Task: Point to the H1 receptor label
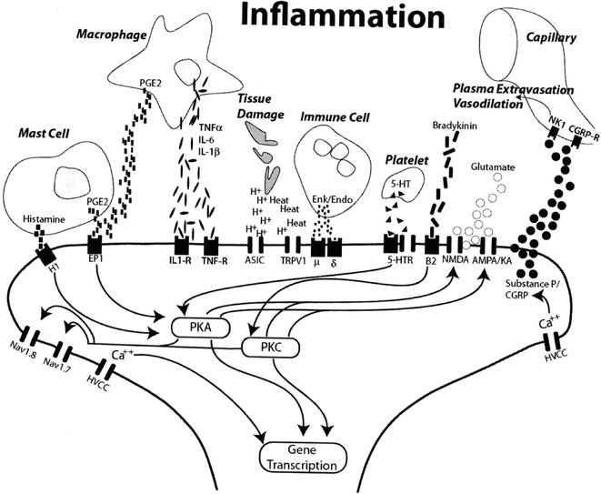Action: click(41, 269)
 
